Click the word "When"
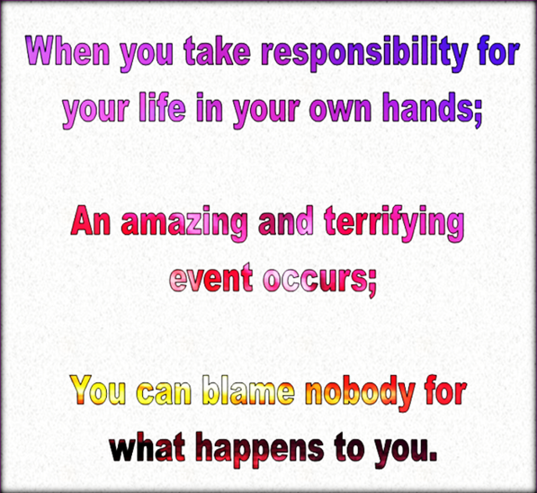[x=62, y=52]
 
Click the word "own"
[x=332, y=111]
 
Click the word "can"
[x=166, y=392]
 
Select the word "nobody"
[x=358, y=393]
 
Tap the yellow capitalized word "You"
[x=101, y=391]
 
